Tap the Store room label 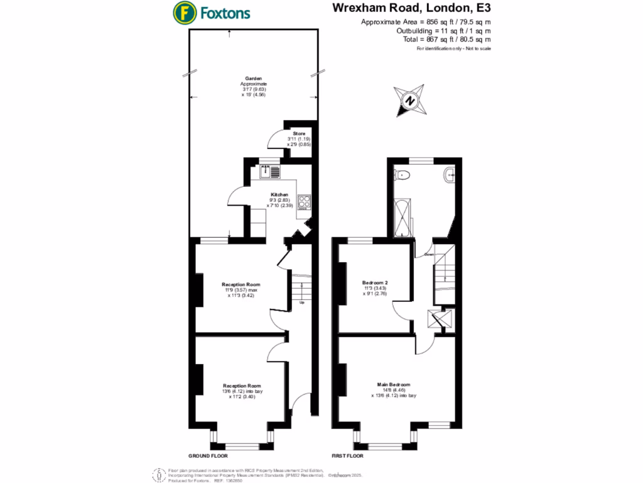pos(298,133)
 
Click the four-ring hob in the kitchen pos(305,202)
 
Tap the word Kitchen pos(279,195)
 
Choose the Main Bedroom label pos(394,384)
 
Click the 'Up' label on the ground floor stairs pos(301,303)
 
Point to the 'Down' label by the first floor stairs pos(430,255)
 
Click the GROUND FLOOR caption pos(208,455)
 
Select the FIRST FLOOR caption pos(349,455)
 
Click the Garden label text pos(254,79)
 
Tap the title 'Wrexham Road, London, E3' pos(419,9)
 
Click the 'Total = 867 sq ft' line pos(446,39)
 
